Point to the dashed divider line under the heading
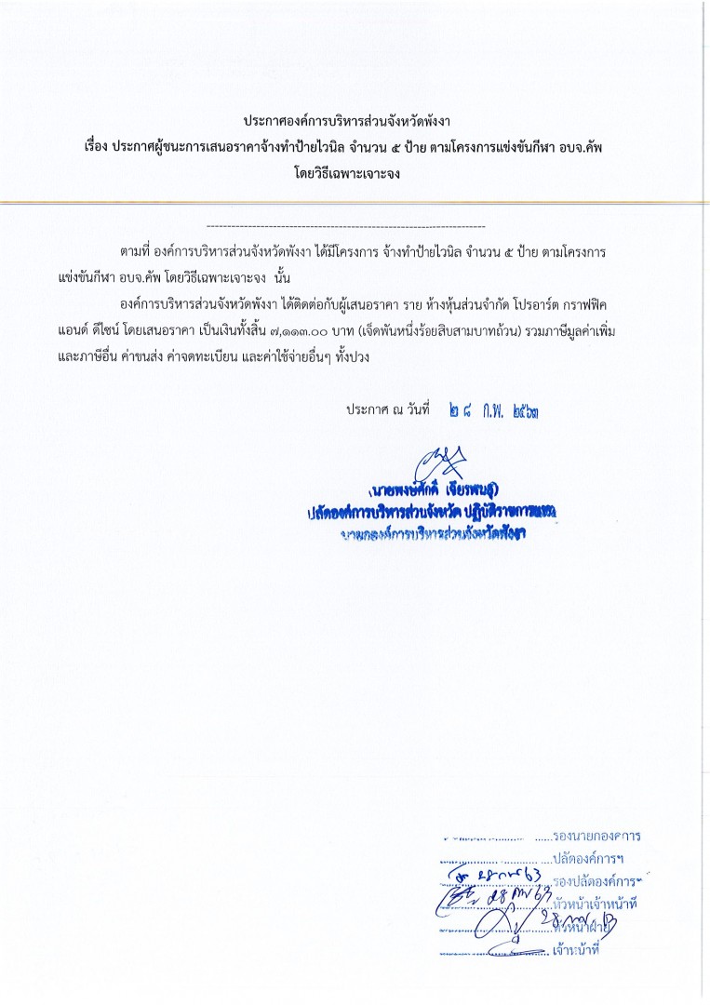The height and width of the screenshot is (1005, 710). (x=344, y=227)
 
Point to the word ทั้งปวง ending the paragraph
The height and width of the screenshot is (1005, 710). (x=350, y=356)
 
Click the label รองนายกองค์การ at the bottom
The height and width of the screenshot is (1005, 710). (x=596, y=836)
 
